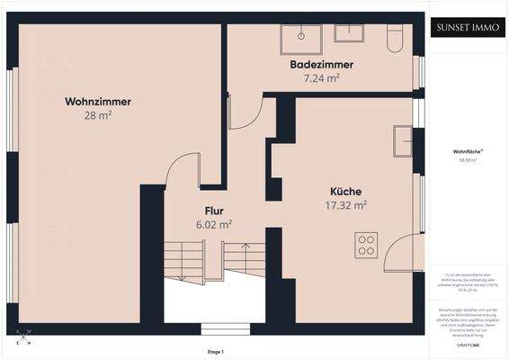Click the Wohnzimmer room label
pos(98,102)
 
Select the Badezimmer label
pos(321,66)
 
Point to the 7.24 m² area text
pos(321,78)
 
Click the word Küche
pos(345,192)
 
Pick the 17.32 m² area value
pos(347,205)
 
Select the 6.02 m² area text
pos(213,224)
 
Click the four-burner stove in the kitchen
pos(366,244)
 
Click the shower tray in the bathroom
pos(299,36)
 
